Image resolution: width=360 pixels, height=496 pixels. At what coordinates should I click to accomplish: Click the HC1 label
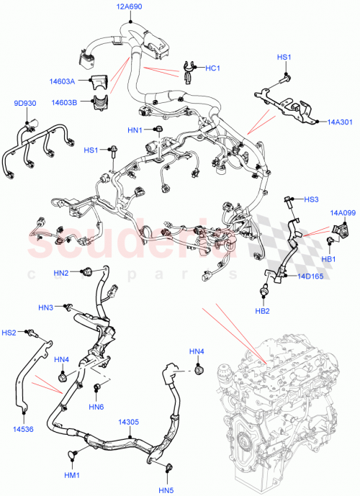pos(212,68)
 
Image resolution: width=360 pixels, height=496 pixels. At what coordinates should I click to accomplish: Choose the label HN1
pos(135,130)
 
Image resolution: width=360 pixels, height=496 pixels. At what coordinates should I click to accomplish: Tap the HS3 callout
pos(310,199)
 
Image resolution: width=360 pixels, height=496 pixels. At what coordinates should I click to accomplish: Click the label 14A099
pos(343,213)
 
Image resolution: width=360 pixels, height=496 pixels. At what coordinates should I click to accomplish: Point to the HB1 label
pos(329,259)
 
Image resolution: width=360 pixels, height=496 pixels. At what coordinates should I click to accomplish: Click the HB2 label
pos(263,311)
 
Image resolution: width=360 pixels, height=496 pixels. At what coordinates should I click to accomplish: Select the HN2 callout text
pos(61,274)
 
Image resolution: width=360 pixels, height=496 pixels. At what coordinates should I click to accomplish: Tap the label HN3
pos(46,308)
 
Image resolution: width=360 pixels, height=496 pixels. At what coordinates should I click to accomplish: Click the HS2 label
pos(8,333)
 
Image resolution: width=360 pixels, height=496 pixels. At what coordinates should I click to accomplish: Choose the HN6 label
pos(96,407)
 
